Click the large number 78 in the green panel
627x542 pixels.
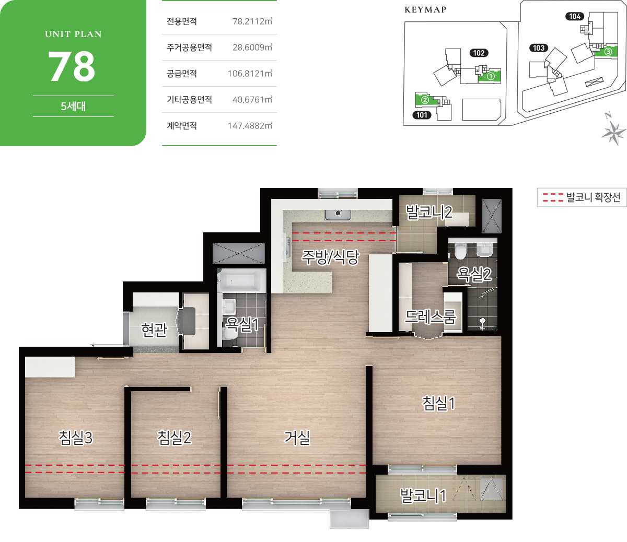coord(72,66)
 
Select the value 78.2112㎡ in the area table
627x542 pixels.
coord(252,21)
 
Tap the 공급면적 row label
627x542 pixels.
coord(182,73)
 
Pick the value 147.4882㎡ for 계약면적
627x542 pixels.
coord(250,125)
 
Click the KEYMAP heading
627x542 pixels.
coord(425,10)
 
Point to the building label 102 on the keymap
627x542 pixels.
coord(479,53)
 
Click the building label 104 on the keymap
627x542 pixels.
coord(575,16)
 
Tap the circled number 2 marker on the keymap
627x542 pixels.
coord(425,100)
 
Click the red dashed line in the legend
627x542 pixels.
coord(553,197)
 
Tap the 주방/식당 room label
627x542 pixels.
coord(330,257)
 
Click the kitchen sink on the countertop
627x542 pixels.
coord(338,215)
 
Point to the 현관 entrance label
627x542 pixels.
coord(155,330)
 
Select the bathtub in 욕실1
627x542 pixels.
coord(241,280)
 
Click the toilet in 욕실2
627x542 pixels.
coord(460,252)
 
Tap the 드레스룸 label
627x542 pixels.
coord(431,316)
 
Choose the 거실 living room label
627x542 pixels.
coord(297,438)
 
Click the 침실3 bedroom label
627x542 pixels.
coord(76,438)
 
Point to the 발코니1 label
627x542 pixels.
coord(423,496)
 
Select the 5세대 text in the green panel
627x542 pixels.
coord(73,107)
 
